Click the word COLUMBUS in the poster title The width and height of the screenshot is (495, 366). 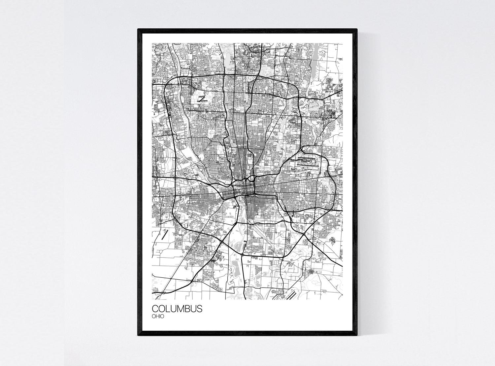[x=177, y=309]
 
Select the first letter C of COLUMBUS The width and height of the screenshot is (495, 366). [x=155, y=309]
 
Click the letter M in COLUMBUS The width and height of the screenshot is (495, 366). [x=179, y=309]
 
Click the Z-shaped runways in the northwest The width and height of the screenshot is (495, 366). [x=202, y=98]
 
